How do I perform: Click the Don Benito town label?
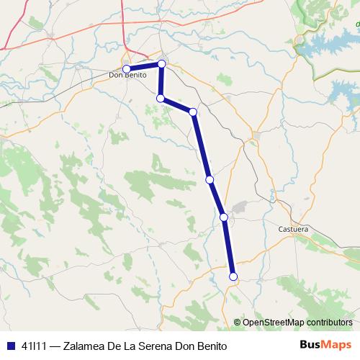(x=127, y=75)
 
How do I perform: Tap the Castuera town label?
(x=293, y=230)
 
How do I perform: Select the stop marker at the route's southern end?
(x=233, y=276)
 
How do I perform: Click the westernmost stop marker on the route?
(x=127, y=68)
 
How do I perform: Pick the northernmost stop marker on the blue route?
(x=161, y=64)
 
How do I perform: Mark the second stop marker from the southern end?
(x=224, y=217)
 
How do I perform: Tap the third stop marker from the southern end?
(x=210, y=179)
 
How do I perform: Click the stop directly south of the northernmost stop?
(x=161, y=98)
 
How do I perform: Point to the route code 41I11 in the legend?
(x=35, y=346)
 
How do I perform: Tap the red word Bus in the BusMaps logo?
(x=311, y=345)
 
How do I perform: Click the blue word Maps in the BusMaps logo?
(x=337, y=345)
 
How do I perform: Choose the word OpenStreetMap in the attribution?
(x=271, y=323)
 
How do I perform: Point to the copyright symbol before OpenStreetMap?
(x=238, y=323)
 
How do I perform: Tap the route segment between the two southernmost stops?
(x=229, y=247)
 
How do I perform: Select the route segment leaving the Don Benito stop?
(x=144, y=66)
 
